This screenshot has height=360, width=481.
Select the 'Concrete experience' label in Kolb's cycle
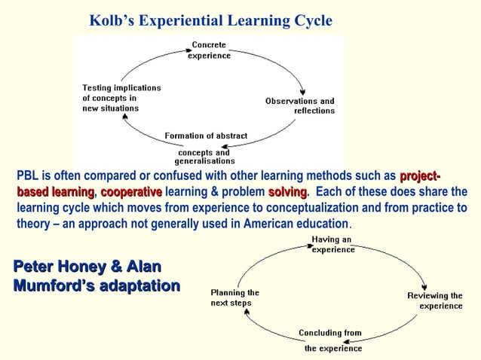click(210, 50)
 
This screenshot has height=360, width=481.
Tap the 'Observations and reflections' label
click(300, 106)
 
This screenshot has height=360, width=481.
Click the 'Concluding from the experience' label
click(331, 340)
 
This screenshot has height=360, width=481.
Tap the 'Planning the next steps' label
click(234, 297)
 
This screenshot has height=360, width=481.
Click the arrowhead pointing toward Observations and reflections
click(302, 89)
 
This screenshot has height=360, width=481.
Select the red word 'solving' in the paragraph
click(288, 192)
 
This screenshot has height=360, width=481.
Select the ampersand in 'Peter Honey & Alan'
click(114, 267)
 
